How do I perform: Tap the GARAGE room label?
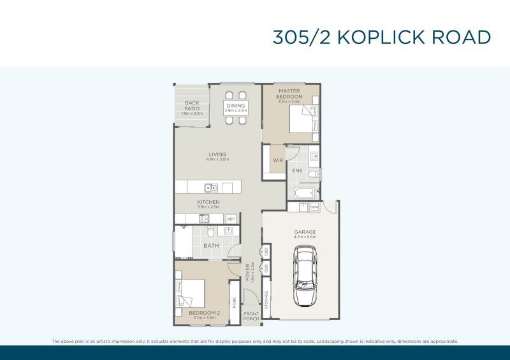(305, 232)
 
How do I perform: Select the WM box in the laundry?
(314, 207)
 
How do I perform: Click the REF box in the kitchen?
(230, 219)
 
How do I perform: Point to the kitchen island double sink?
(210, 187)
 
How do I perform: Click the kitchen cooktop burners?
(206, 219)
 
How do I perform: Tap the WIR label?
(277, 161)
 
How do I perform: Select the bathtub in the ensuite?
(303, 192)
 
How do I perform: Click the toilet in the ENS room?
(314, 173)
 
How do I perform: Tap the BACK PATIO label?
(192, 105)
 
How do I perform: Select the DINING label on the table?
(235, 105)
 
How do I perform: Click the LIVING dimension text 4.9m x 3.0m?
(217, 159)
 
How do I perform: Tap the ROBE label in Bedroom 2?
(234, 303)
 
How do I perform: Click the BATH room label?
(210, 245)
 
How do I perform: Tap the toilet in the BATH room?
(228, 231)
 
